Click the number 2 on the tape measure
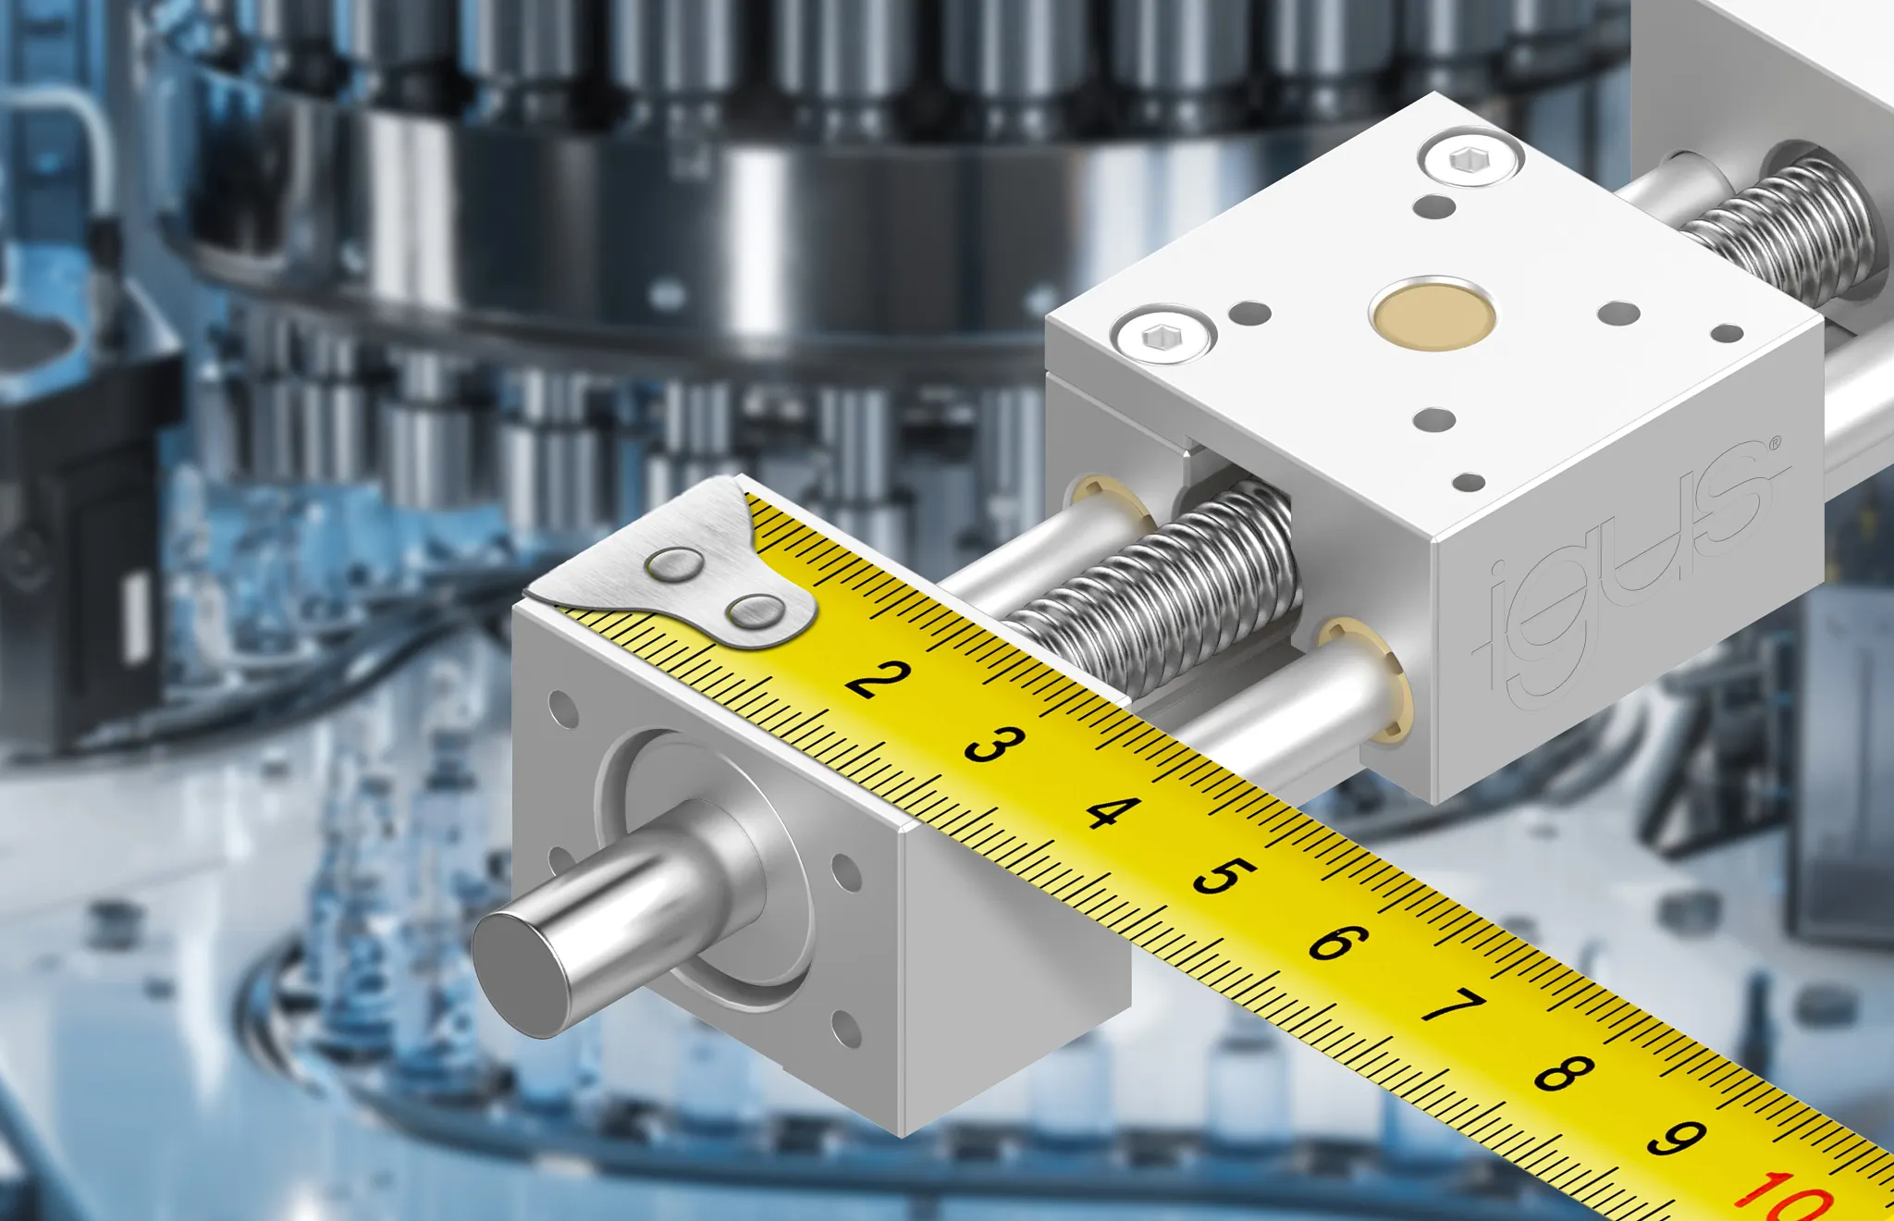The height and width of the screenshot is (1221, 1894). [x=878, y=679]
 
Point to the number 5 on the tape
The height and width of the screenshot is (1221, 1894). [x=1224, y=876]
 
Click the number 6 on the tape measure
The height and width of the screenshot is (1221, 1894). [x=1337, y=942]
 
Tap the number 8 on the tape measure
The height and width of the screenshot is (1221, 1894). [x=1564, y=1073]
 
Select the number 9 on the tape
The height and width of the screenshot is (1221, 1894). [x=1676, y=1139]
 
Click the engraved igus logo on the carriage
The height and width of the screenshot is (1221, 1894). [x=1628, y=573]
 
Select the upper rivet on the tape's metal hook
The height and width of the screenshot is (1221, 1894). [x=675, y=564]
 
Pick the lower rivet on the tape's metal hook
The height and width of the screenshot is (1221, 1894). [x=754, y=611]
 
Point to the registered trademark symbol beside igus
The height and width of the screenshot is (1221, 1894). [x=1774, y=445]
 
